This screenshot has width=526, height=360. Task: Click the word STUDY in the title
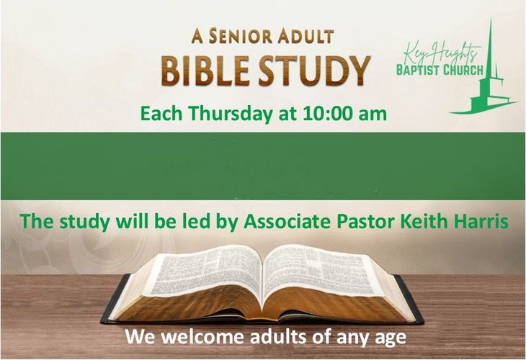(x=314, y=71)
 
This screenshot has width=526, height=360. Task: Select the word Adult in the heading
(x=306, y=36)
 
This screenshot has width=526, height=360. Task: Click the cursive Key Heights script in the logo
(x=441, y=53)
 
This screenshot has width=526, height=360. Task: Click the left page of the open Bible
(x=205, y=271)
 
